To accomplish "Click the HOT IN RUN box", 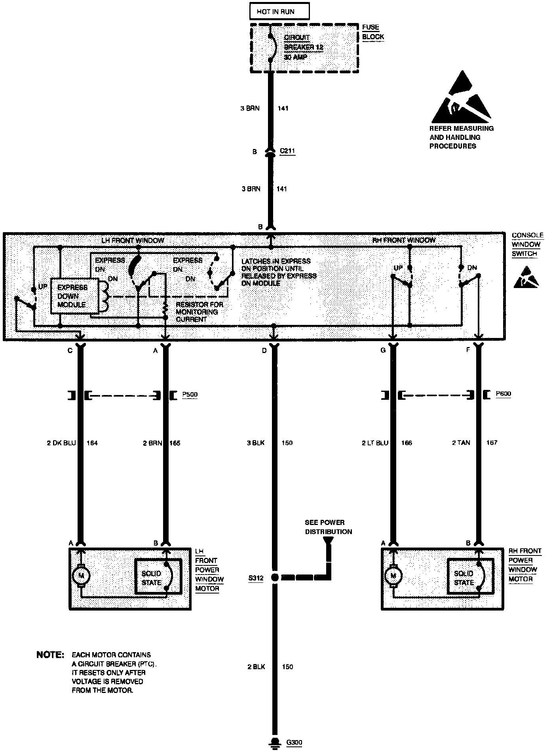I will coord(279,11).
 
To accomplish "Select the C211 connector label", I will coord(287,151).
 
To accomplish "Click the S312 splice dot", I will coord(275,578).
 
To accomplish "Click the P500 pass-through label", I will coord(190,395).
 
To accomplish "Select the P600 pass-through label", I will coord(503,394).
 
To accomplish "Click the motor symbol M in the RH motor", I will coord(393,575).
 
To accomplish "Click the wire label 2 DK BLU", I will coord(61,443).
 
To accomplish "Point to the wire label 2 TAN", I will coord(461,443).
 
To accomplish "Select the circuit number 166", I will coord(407,443).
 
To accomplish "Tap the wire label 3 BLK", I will coord(255,443).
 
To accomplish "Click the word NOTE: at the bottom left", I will coord(50,655).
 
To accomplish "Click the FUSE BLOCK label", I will coord(373,32).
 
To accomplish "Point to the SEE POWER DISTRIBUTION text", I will coord(328,527).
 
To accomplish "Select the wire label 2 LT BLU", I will coord(375,443).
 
